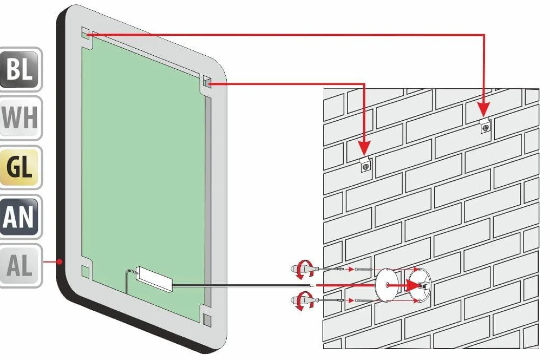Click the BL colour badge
pos(20,70)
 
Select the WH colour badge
pos(20,118)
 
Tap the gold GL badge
pos(20,167)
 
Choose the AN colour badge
pos(20,216)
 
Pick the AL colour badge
pos(20,266)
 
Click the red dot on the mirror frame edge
pos(59,262)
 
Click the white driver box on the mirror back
pos(154,279)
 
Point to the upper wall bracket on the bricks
pos(485,126)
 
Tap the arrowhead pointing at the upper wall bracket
pos(484,109)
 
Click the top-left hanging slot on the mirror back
pos(85,34)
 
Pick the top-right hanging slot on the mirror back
pos(207,82)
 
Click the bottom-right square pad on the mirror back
pos(207,320)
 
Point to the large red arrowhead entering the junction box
pos(414,285)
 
